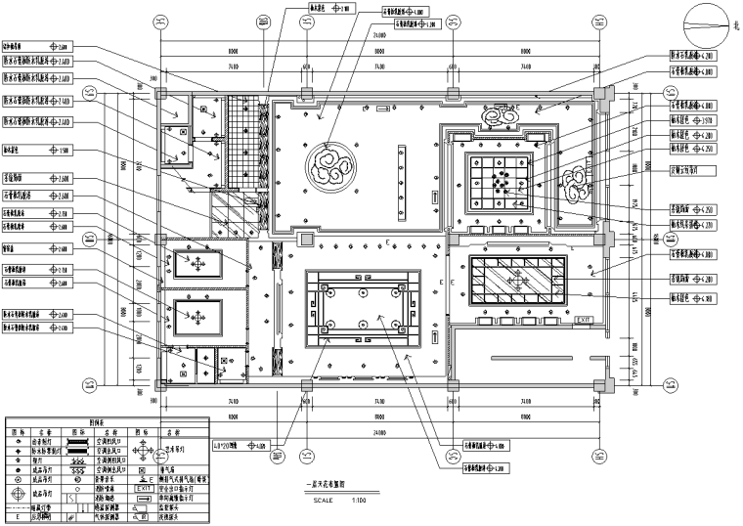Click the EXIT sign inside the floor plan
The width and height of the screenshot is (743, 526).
[584, 320]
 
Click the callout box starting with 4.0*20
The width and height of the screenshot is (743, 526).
[240, 446]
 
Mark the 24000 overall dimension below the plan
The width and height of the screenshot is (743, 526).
[378, 431]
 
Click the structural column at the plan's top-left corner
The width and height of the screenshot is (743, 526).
[157, 96]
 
